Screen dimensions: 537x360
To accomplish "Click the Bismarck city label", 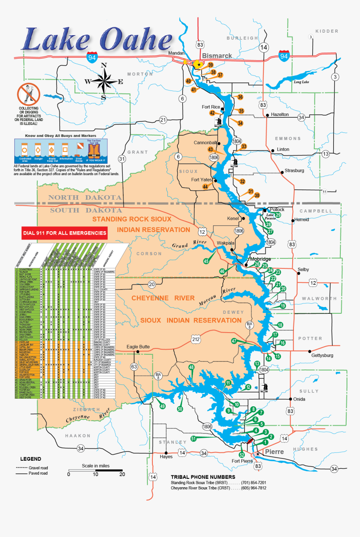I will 217,56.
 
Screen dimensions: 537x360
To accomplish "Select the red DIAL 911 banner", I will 64,233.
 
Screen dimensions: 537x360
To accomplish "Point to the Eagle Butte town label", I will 138,347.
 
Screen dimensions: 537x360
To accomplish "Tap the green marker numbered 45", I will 206,261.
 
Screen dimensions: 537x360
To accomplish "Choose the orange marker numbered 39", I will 211,65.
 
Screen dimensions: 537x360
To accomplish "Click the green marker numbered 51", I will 194,439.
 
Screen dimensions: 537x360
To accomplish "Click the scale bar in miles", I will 95,470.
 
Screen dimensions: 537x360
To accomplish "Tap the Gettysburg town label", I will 322,355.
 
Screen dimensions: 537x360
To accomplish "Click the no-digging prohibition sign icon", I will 28,94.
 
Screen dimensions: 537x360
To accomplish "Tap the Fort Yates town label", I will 202,180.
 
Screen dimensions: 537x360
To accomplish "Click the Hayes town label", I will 166,457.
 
